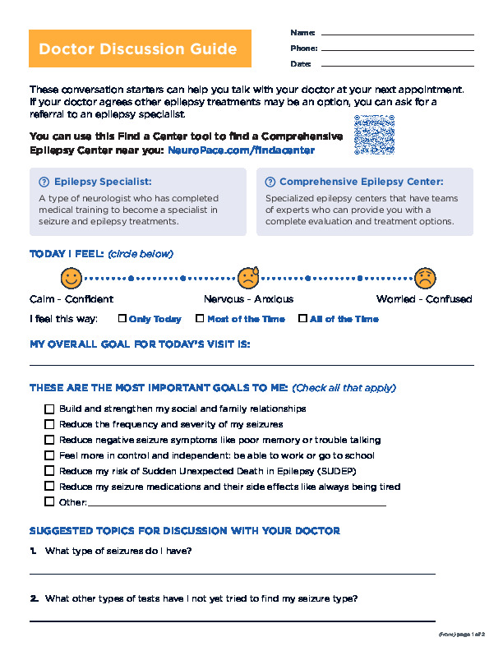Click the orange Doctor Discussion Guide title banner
138,49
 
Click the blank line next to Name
397,34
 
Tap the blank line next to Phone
397,49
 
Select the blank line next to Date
397,65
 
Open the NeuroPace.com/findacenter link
241,151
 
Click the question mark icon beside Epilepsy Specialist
44,182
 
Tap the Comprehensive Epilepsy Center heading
361,182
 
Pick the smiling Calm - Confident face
72,277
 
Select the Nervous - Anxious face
248,277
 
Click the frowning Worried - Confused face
425,277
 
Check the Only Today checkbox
122,319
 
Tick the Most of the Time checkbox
200,319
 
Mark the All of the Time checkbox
302,319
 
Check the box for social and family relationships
49,409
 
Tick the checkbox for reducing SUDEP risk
49,471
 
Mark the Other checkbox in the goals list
49,502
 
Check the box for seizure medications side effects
49,487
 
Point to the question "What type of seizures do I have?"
118,551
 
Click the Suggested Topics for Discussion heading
184,530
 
